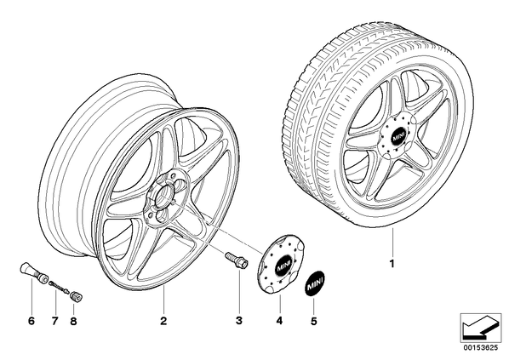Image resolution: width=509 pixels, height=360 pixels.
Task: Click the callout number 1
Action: click(x=392, y=263)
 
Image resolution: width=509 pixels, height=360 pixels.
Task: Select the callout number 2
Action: click(x=163, y=321)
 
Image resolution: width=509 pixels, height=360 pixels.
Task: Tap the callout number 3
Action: click(x=239, y=321)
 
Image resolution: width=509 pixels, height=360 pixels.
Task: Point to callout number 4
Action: click(x=279, y=321)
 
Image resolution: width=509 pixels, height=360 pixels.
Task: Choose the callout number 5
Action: click(x=313, y=321)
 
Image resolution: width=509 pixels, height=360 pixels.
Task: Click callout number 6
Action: click(x=31, y=321)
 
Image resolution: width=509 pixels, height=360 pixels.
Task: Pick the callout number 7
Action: click(x=54, y=321)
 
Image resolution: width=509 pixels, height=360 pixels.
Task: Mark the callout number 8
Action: click(x=73, y=321)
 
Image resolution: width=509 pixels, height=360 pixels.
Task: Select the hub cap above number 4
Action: click(x=277, y=264)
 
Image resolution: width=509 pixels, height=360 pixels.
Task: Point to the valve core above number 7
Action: click(x=59, y=287)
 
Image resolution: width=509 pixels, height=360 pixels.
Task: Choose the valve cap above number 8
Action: click(x=77, y=296)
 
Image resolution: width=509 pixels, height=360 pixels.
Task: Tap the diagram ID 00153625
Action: click(x=481, y=348)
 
